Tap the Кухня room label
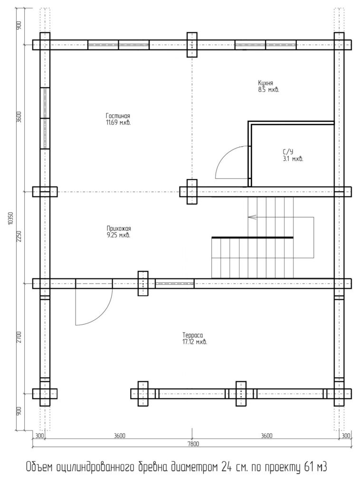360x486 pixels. pos(265,83)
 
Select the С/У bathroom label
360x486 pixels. pos(288,152)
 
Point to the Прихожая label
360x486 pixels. pos(119,228)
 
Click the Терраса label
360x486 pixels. pos(192,335)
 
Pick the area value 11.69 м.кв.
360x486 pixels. pos(118,122)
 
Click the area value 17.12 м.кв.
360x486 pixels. pos(195,342)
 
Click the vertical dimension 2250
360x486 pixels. pos(19,236)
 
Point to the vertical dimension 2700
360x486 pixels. pos(19,337)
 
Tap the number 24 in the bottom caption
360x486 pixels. pos(226,467)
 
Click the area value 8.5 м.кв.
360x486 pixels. pos(268,90)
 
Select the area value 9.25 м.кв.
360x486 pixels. pos(118,235)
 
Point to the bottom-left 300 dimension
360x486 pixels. pos(39,436)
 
